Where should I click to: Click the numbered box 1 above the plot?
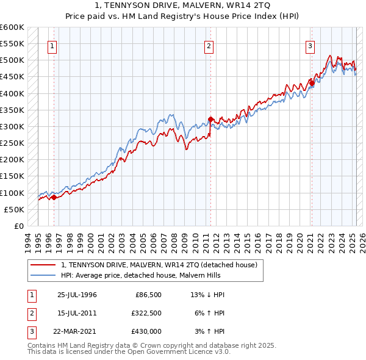(52, 46)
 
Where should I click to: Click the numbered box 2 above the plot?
(209, 46)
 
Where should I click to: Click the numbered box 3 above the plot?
(310, 46)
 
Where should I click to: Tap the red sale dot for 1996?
(54, 197)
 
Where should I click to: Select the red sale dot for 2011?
(210, 119)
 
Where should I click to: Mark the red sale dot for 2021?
(311, 83)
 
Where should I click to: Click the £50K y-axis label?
(14, 209)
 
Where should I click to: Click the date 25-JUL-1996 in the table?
(77, 295)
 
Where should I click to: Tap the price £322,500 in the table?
(146, 314)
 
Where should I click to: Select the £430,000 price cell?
(146, 332)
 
